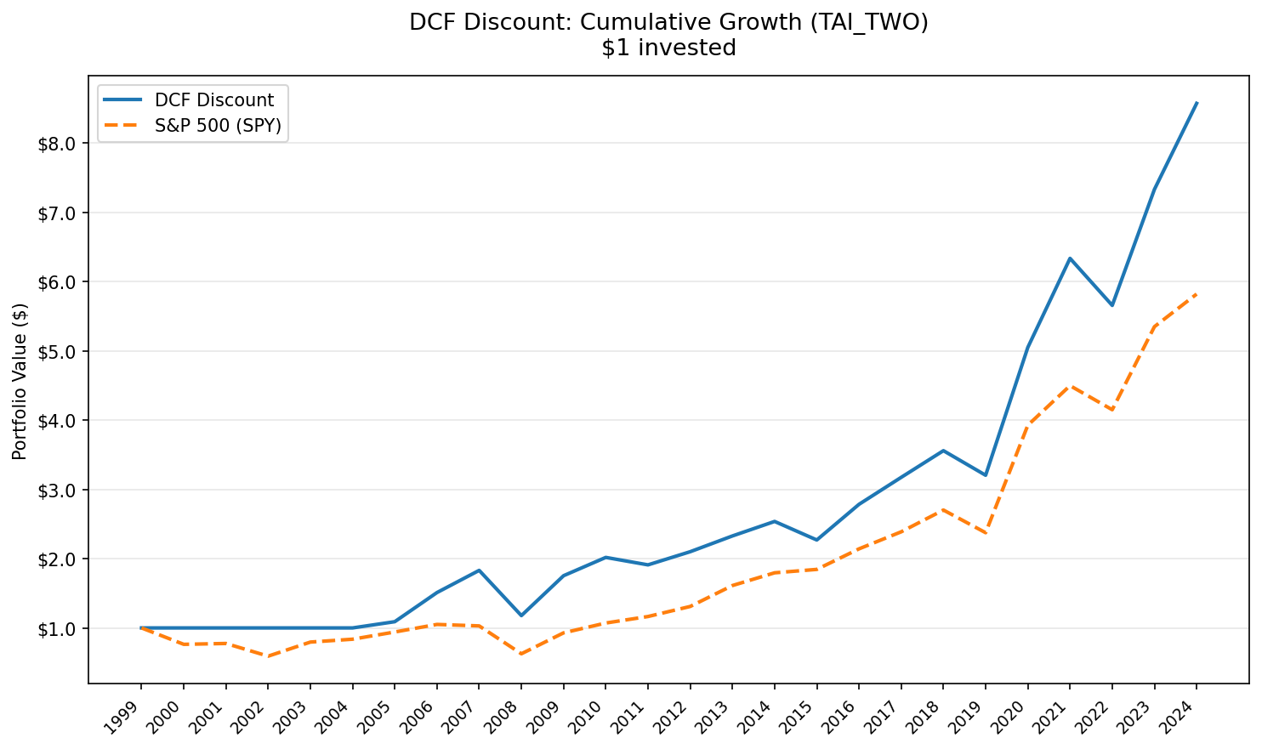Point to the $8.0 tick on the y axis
[x=60, y=144]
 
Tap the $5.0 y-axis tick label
[x=60, y=351]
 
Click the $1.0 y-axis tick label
[x=60, y=629]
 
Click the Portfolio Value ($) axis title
[x=20, y=381]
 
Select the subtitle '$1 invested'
[x=668, y=48]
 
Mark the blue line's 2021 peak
[x=1070, y=258]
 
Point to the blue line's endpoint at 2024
[x=1197, y=103]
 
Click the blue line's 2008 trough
[x=520, y=616]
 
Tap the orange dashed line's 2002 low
[x=267, y=656]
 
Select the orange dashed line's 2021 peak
[x=1070, y=386]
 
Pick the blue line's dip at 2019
[x=986, y=475]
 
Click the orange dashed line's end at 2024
[x=1197, y=294]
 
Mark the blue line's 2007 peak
[x=479, y=570]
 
